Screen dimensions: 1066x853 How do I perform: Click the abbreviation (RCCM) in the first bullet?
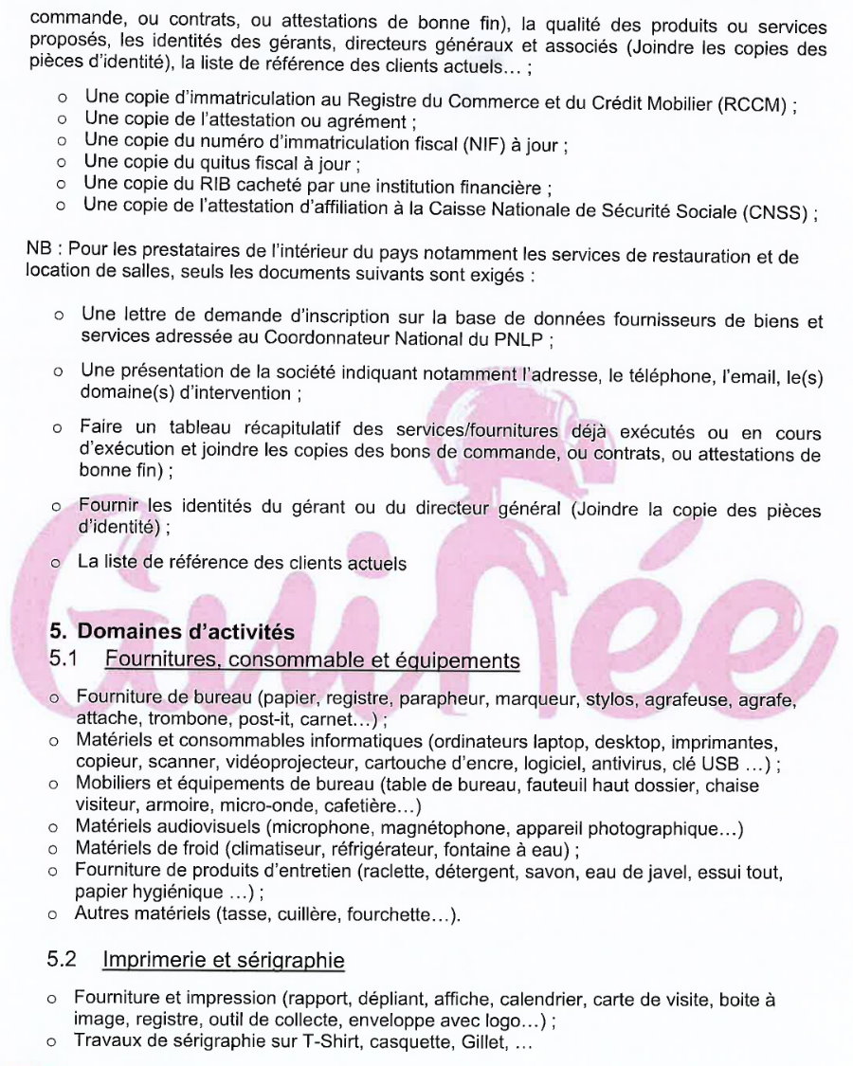(754, 105)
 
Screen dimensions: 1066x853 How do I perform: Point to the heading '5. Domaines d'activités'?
(172, 631)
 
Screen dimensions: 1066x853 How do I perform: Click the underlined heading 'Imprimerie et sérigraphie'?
(223, 961)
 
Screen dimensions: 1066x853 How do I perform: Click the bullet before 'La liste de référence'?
(56, 563)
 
